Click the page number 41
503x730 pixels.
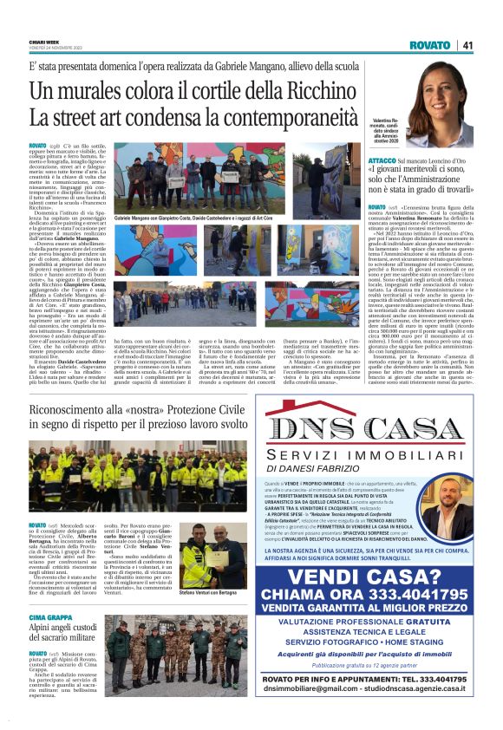(x=467, y=45)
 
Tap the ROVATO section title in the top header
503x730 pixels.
(x=431, y=45)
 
